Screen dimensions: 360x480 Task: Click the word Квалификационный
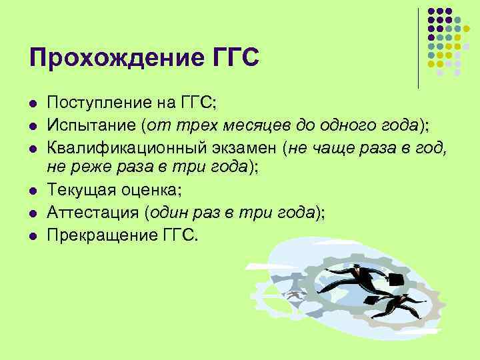point(127,149)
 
